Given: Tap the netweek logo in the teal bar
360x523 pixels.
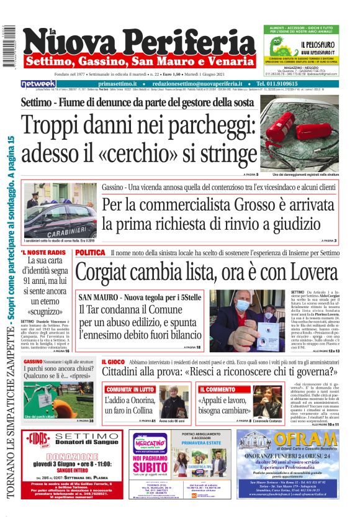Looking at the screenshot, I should click(38, 83).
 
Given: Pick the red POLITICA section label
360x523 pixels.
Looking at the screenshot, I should click(90, 253).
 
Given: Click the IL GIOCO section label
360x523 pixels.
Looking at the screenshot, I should click(113, 361).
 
